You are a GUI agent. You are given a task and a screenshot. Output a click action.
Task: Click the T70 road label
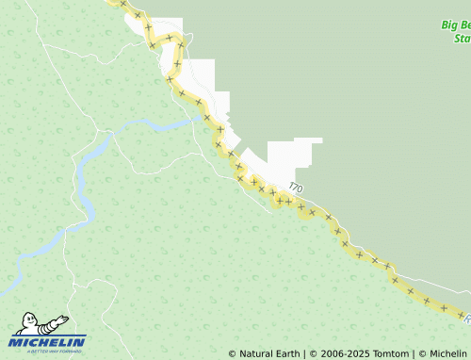coord(297,188)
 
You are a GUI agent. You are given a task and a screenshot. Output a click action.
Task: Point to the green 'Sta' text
coord(462,39)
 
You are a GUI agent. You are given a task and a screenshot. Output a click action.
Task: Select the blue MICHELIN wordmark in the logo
coord(48,342)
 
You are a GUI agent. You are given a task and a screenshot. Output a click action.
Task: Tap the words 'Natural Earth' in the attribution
coord(268,354)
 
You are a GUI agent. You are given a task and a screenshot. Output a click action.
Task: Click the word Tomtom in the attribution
coord(389,354)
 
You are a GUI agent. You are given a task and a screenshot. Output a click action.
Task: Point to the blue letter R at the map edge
coord(466,319)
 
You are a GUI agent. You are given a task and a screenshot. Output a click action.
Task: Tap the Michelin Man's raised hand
coord(62,318)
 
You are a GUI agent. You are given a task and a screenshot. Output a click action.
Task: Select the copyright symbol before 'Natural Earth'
coord(233,354)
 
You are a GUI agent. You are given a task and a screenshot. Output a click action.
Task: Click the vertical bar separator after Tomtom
coord(414,354)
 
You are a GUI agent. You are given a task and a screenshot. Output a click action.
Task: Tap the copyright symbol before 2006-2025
coord(314,354)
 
